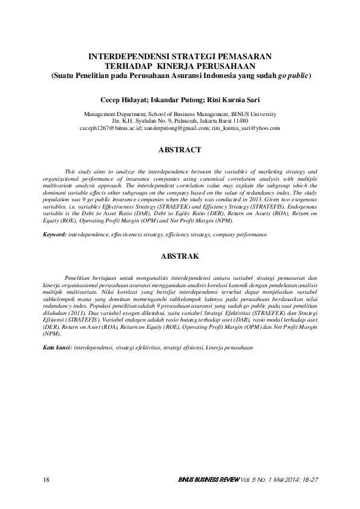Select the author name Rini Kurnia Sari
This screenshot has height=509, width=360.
[232, 99]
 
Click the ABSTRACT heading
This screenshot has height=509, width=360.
[180, 148]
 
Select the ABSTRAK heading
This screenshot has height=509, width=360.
[180, 256]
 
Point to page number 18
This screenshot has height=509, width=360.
[47, 479]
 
